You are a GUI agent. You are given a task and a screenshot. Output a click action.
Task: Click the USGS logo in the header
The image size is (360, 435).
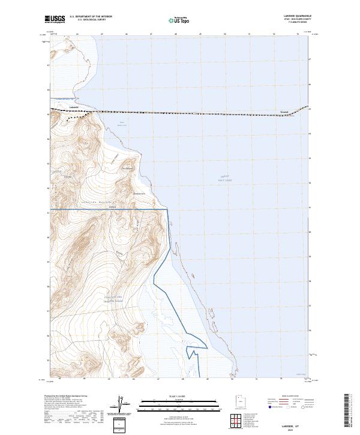[55, 19]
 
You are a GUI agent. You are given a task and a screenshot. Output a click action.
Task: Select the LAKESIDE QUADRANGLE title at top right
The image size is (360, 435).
[298, 16]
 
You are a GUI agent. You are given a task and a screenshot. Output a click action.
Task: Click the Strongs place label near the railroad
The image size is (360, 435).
[284, 111]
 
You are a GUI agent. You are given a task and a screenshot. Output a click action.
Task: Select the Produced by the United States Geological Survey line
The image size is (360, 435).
[60, 397]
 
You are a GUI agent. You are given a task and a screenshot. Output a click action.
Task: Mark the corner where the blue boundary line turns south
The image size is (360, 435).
[167, 209]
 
